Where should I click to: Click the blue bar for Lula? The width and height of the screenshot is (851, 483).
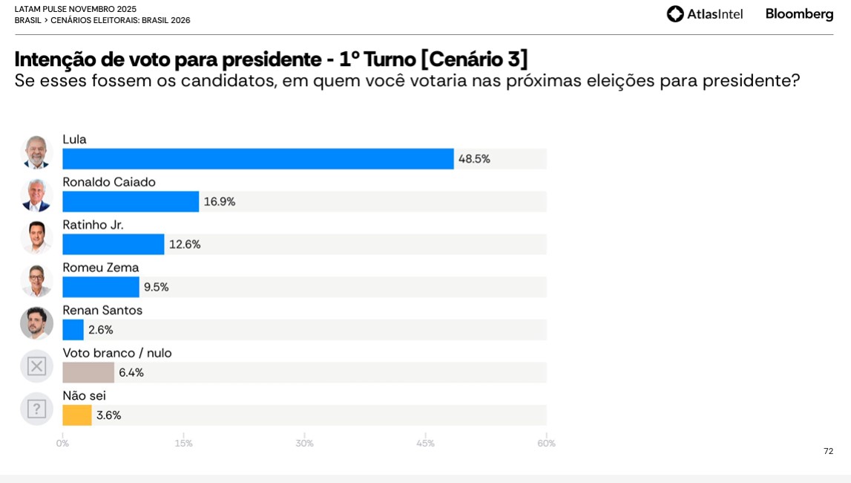[257, 159]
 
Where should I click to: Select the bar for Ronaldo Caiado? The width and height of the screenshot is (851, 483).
[131, 201]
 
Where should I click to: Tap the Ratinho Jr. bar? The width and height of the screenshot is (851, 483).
[114, 244]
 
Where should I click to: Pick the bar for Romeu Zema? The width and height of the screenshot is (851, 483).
[101, 287]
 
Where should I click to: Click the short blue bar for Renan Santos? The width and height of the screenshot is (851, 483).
[73, 330]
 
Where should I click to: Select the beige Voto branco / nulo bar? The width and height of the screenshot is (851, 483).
[88, 372]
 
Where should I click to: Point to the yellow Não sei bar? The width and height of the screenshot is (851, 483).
[77, 415]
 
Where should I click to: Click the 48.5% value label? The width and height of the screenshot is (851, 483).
[474, 159]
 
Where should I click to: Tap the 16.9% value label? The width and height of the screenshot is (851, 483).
[220, 201]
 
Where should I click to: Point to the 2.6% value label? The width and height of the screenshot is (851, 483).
[101, 330]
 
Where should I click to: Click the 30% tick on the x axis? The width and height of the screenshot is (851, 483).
[304, 444]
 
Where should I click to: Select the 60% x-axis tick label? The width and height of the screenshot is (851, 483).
[546, 444]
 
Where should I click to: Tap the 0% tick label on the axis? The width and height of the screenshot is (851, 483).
[62, 444]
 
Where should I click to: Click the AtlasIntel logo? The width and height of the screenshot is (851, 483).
[704, 14]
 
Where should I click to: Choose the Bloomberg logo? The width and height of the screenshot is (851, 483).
[799, 14]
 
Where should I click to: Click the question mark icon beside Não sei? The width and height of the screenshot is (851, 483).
[36, 409]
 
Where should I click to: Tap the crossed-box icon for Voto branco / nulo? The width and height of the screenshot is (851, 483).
[36, 366]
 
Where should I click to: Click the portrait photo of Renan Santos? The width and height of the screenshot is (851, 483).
[36, 323]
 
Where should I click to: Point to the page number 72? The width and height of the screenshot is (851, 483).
[828, 451]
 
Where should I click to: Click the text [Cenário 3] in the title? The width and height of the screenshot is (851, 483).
[474, 59]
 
